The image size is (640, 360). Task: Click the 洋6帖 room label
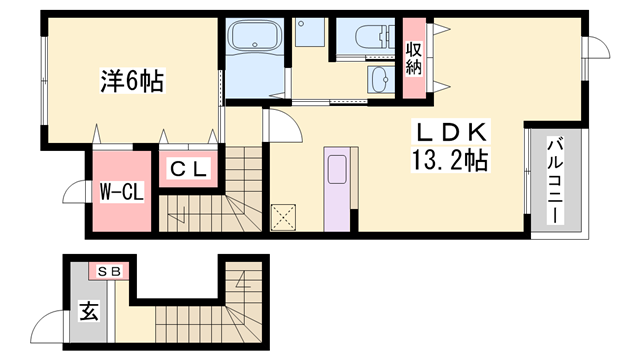click(131, 79)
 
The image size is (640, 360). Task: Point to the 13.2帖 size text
click(450, 159)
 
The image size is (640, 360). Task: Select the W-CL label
click(121, 191)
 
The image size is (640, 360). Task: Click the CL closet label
click(187, 170)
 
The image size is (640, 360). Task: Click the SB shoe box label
click(108, 271)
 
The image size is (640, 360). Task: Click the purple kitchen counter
click(337, 189)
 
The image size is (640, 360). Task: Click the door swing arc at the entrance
click(48, 326)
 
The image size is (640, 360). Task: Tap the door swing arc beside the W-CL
click(76, 192)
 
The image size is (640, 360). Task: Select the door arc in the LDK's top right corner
click(593, 47)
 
